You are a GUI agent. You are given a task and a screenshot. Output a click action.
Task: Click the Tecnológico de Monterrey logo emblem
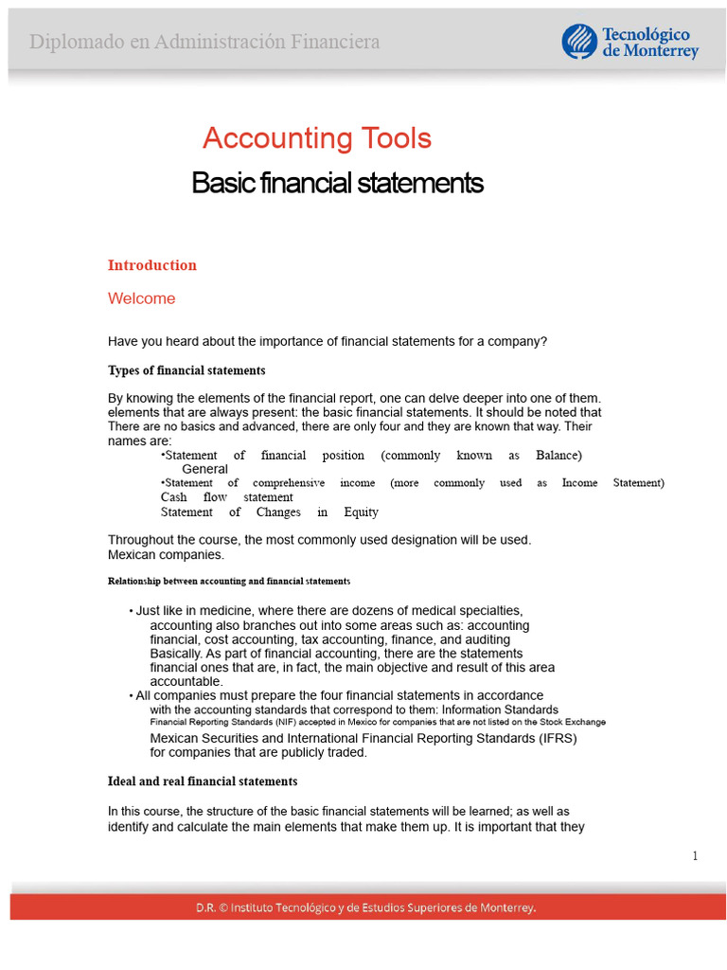(578, 42)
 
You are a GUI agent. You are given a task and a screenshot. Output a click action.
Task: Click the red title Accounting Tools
(316, 138)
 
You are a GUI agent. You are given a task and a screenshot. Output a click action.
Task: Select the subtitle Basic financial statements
(337, 182)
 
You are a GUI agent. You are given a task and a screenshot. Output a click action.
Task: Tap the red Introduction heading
(152, 265)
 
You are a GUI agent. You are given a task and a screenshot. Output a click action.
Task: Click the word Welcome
(141, 298)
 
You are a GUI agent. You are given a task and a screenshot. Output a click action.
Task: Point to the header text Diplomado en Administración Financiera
(204, 42)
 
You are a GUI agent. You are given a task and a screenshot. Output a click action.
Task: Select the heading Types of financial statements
(186, 370)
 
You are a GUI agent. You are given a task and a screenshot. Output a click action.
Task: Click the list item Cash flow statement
(226, 497)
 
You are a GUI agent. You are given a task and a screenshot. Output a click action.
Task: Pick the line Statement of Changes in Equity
(269, 512)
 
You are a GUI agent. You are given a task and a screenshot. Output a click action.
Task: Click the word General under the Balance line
(204, 469)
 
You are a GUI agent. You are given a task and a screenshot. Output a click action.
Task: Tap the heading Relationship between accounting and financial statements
(229, 581)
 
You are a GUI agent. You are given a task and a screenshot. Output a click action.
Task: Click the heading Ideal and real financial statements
(203, 781)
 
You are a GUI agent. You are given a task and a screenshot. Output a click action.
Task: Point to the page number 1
(695, 856)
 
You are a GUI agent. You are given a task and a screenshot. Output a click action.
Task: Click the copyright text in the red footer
(365, 907)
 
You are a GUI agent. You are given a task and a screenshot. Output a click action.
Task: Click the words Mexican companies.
(166, 554)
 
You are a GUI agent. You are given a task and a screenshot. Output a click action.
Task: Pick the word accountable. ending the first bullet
(186, 681)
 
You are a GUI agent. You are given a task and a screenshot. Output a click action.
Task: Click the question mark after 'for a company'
(543, 341)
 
